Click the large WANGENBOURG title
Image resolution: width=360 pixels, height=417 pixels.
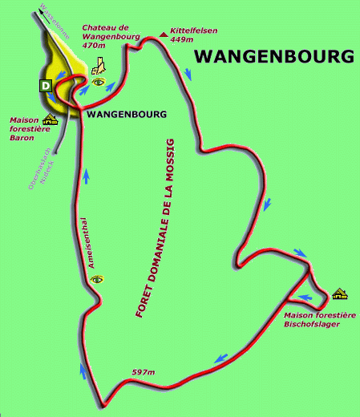(x=274, y=57)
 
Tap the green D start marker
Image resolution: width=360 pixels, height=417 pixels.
(x=46, y=84)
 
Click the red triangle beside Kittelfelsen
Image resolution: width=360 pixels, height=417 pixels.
(x=164, y=34)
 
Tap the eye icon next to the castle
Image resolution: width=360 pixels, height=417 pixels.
(x=99, y=83)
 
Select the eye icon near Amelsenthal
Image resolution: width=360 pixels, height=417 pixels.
(x=98, y=279)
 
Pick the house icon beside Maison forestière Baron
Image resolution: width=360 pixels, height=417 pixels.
(x=51, y=121)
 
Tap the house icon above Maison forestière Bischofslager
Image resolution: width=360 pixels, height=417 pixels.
(x=339, y=294)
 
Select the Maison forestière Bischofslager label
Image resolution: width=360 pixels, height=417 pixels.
(x=320, y=320)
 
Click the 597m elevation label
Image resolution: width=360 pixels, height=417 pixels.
(x=143, y=371)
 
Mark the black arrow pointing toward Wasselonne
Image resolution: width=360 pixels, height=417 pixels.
(x=40, y=12)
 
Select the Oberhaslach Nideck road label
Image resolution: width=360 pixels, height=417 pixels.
(x=39, y=168)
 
